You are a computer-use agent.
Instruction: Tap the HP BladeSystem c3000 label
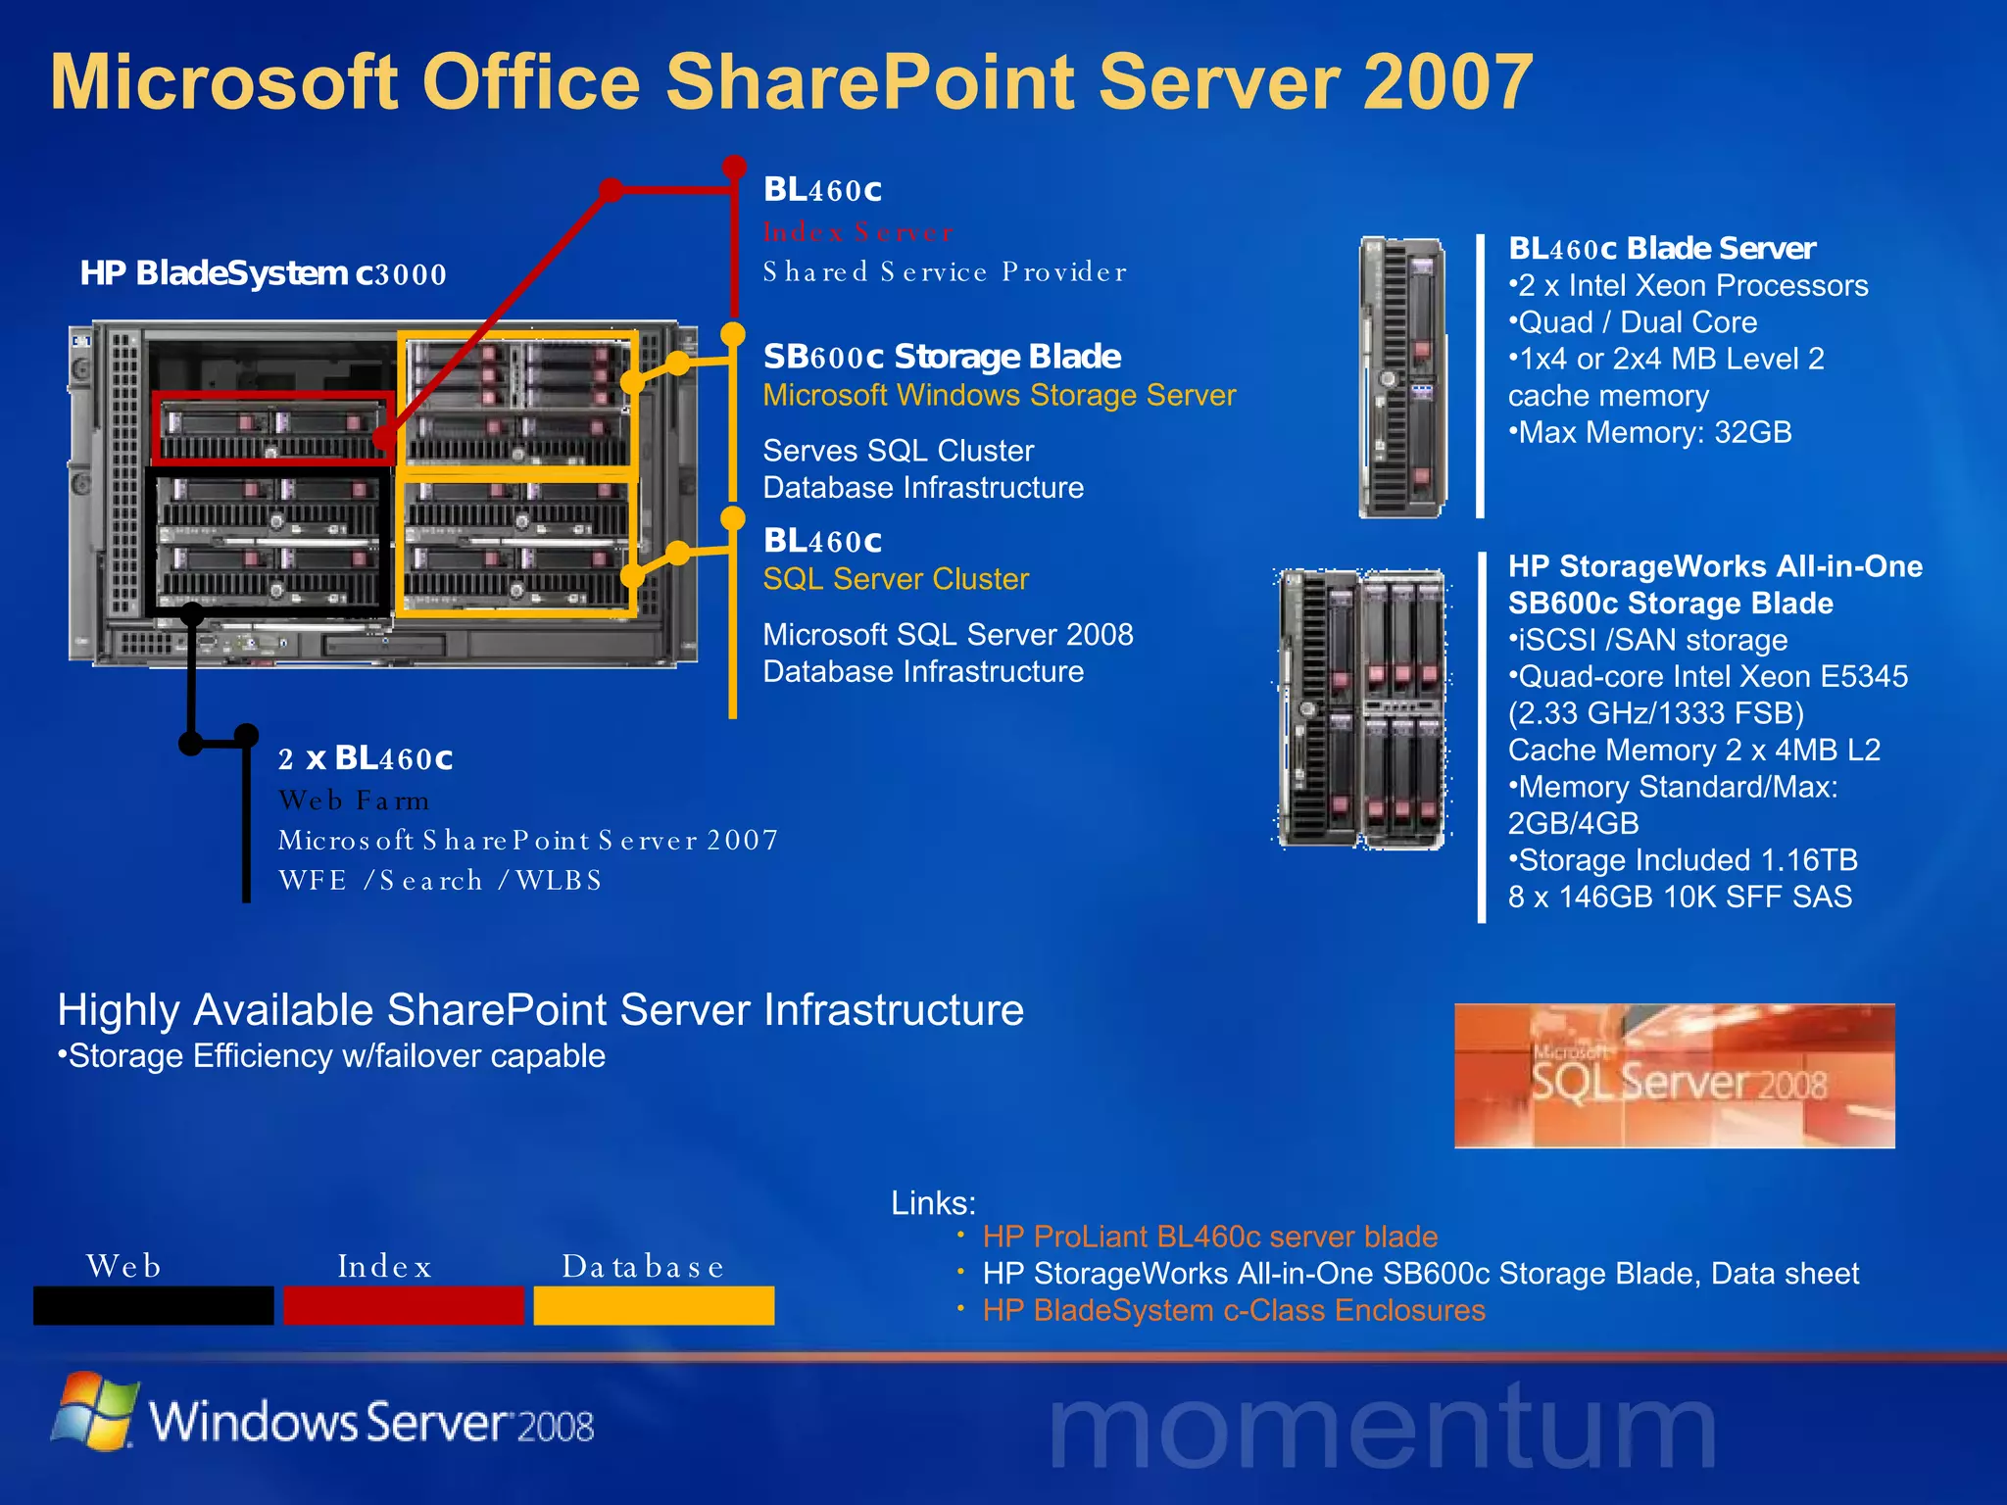(x=263, y=273)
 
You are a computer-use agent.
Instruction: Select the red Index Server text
(x=857, y=232)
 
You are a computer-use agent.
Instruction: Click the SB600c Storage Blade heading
(x=942, y=357)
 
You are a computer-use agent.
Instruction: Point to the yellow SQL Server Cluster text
(x=896, y=579)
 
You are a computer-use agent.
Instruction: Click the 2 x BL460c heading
(x=366, y=758)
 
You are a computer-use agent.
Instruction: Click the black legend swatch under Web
(x=154, y=1305)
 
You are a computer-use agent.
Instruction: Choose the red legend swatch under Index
(x=404, y=1305)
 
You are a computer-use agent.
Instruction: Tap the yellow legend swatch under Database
(x=654, y=1305)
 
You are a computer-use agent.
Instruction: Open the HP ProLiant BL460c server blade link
(x=1210, y=1237)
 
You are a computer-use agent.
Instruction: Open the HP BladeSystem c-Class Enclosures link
(x=1234, y=1311)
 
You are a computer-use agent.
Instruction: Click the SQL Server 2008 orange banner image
(x=1674, y=1076)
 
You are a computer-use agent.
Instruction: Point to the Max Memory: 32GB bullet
(x=1650, y=432)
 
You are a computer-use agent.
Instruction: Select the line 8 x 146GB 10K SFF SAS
(x=1680, y=898)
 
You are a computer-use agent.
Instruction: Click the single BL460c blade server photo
(x=1403, y=377)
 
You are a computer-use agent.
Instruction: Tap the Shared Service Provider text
(x=945, y=272)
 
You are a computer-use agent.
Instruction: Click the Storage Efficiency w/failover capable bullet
(x=332, y=1056)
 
